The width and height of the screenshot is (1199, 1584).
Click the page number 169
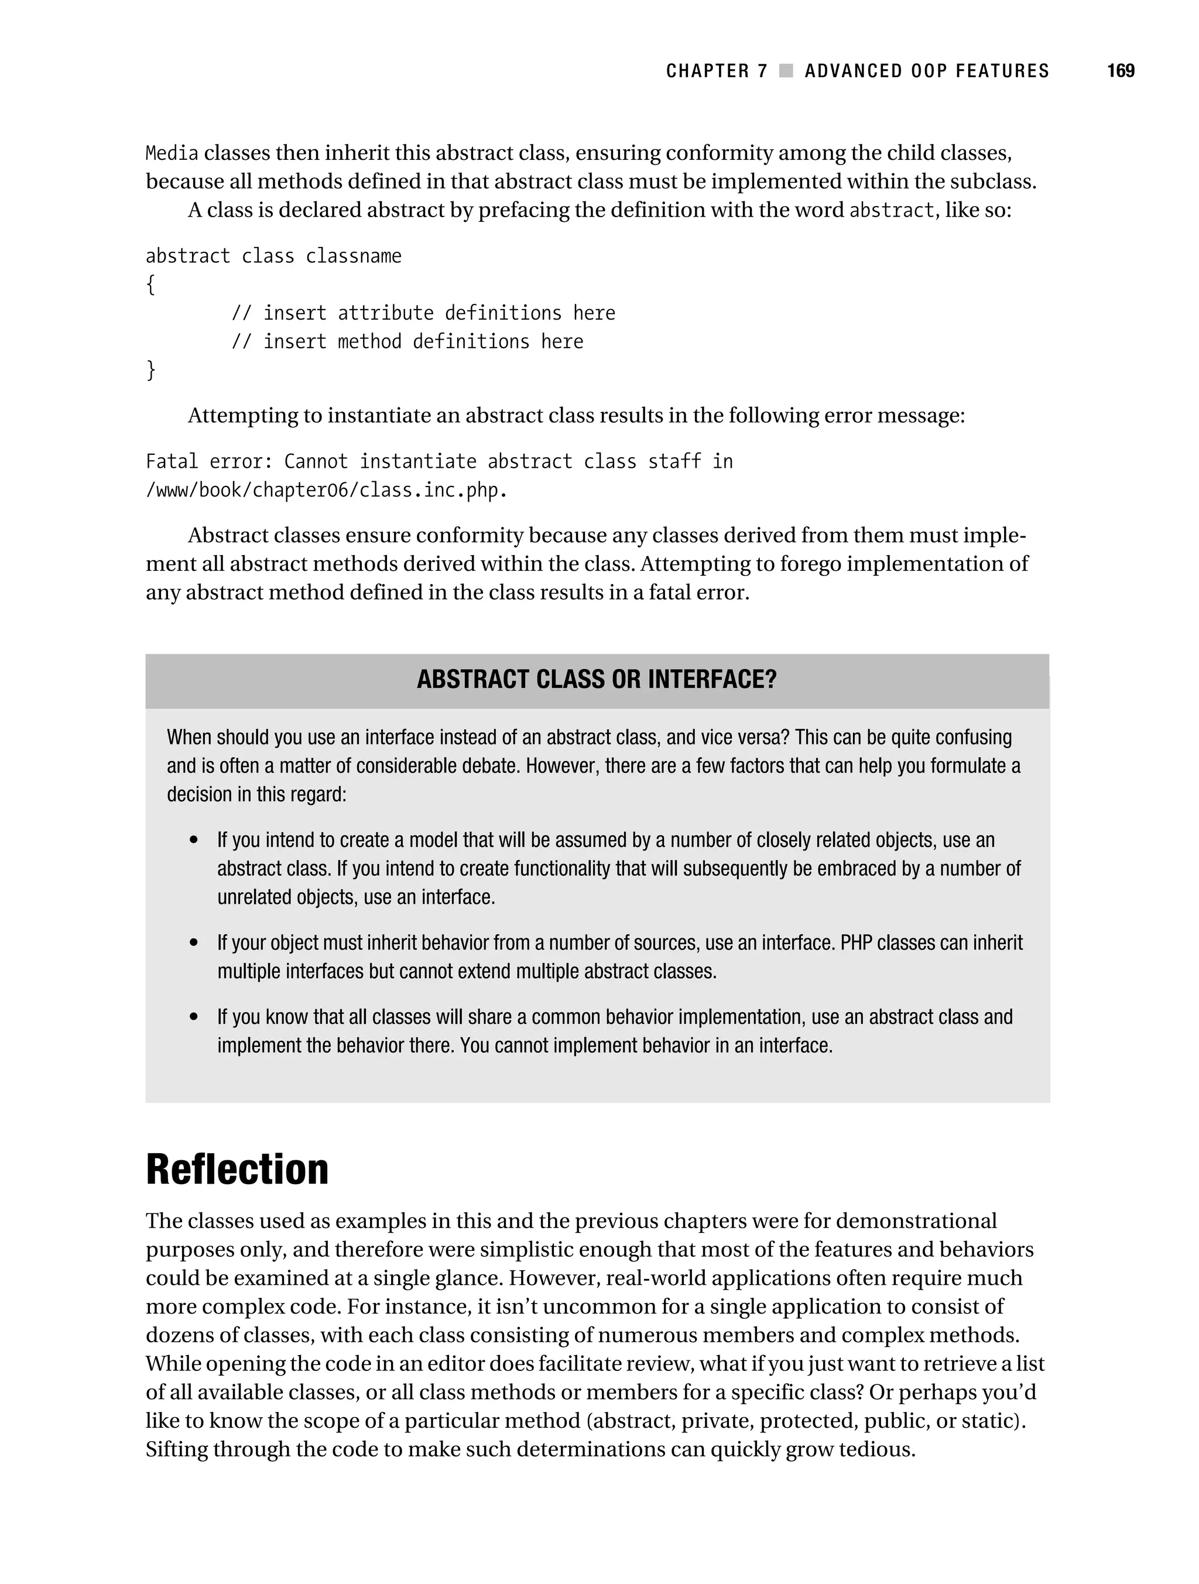(x=1120, y=71)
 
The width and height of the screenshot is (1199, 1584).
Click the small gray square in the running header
(x=786, y=71)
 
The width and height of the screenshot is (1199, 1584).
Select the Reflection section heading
(x=237, y=1170)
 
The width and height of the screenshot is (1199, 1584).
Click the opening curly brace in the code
(x=150, y=285)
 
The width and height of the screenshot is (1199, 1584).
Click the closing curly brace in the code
(x=150, y=370)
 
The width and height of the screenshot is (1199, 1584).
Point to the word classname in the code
(x=353, y=256)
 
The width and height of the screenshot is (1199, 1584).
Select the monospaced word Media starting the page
(x=172, y=153)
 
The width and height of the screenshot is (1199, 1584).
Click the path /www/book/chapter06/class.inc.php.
(x=326, y=491)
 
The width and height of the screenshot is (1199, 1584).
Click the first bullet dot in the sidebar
(x=193, y=840)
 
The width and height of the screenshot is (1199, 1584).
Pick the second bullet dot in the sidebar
(x=193, y=943)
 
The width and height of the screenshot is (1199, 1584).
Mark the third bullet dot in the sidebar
(x=193, y=1017)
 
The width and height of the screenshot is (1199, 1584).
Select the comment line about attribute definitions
(x=423, y=314)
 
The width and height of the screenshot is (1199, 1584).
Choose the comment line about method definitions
(x=407, y=342)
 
